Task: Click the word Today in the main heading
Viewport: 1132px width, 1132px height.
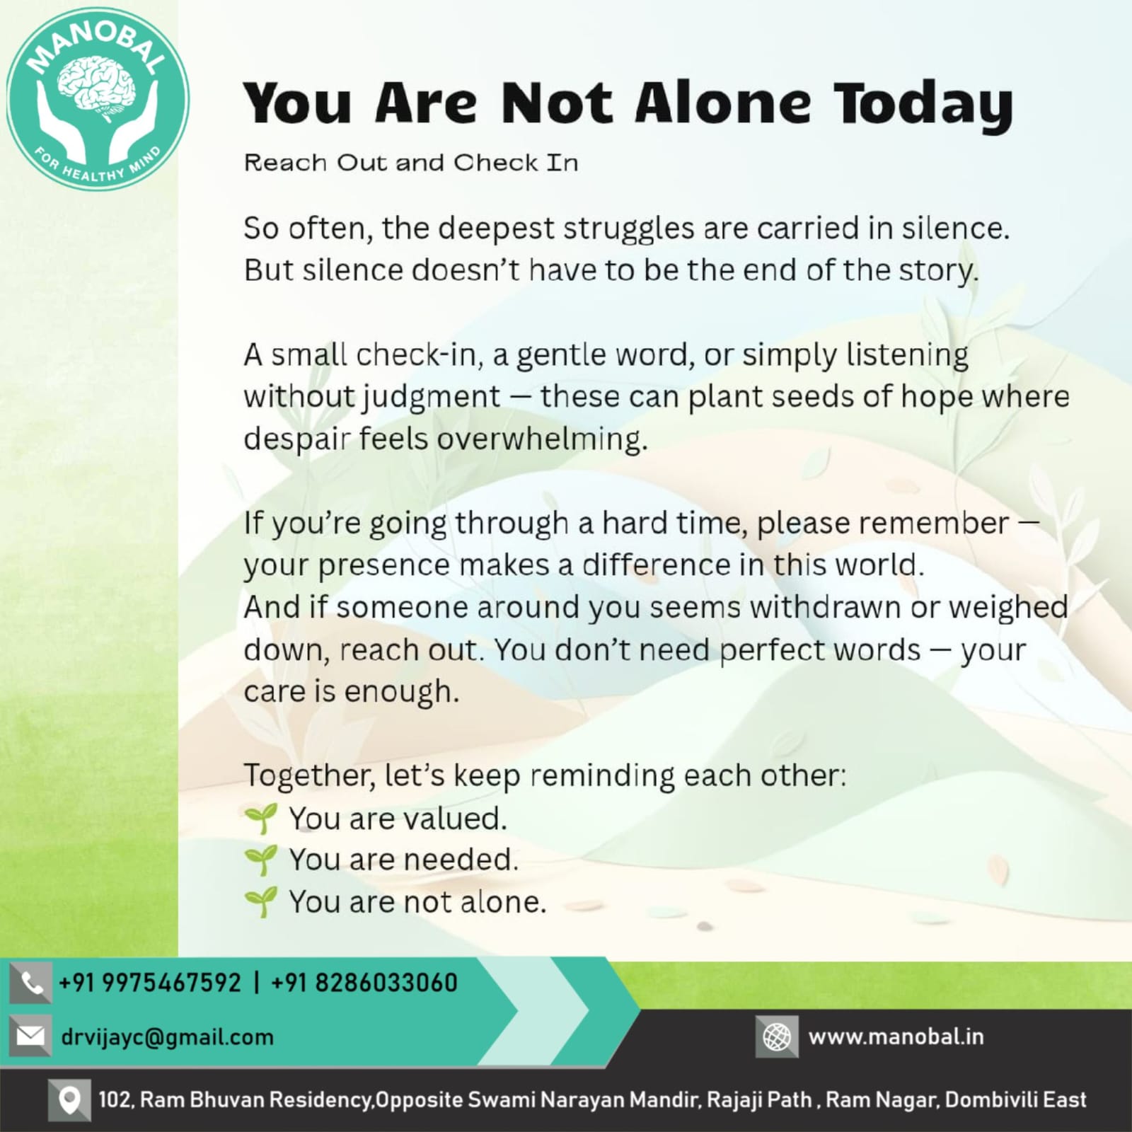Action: (x=923, y=105)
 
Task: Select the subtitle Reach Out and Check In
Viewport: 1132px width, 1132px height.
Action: (x=411, y=163)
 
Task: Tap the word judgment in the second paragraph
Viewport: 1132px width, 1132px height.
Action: (x=432, y=398)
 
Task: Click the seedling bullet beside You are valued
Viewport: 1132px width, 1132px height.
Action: (x=260, y=819)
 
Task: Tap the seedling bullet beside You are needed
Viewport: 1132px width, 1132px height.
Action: (x=260, y=860)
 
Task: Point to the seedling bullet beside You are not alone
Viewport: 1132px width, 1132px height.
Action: (x=260, y=903)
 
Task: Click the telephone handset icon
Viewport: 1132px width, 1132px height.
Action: (x=31, y=983)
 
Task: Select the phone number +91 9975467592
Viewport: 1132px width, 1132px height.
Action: (x=150, y=983)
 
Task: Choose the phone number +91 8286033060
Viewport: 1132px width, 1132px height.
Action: (x=364, y=983)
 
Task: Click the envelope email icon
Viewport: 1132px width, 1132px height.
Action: (x=31, y=1036)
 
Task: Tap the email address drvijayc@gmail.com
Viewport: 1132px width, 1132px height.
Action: (x=167, y=1038)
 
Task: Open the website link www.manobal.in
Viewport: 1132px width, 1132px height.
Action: (x=896, y=1037)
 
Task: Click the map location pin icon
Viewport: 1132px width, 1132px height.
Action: (x=69, y=1100)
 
